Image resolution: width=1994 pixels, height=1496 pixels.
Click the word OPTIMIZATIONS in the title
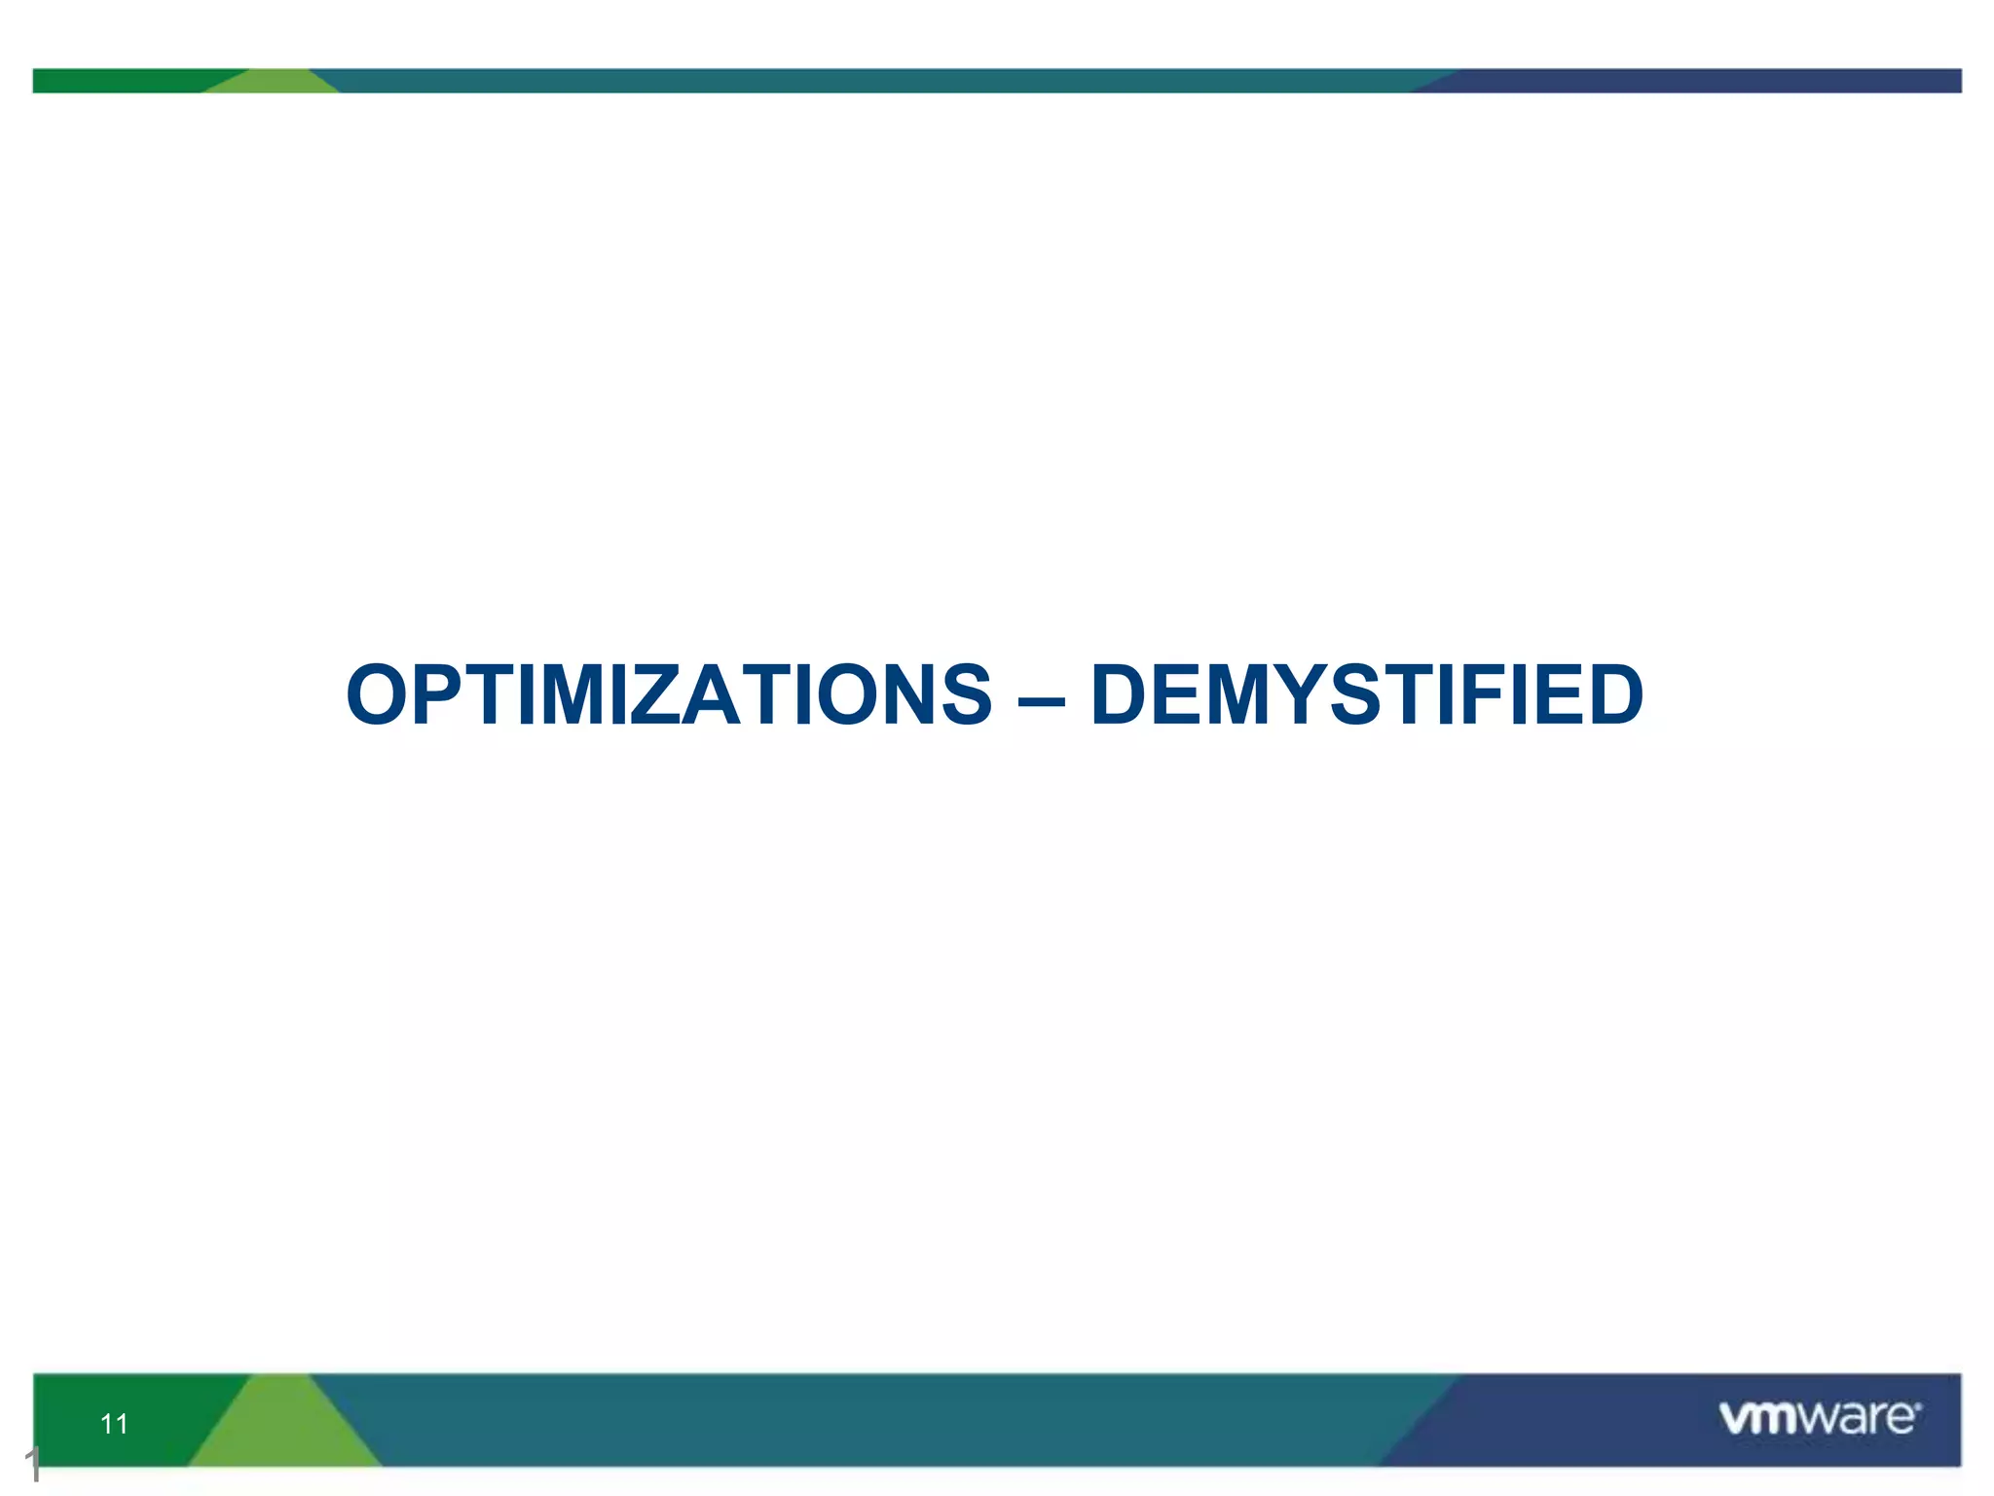(x=669, y=694)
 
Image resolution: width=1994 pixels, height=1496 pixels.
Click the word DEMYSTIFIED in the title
(x=1367, y=694)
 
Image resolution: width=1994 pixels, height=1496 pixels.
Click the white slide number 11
(x=114, y=1424)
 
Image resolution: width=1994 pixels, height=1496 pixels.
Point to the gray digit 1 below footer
(x=33, y=1464)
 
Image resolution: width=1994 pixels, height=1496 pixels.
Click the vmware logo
(x=1819, y=1417)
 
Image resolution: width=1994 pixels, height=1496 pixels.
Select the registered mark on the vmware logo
(x=1918, y=1406)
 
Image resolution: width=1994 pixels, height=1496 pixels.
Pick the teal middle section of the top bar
(x=876, y=81)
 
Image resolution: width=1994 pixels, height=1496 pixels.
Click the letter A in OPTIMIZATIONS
(x=713, y=694)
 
